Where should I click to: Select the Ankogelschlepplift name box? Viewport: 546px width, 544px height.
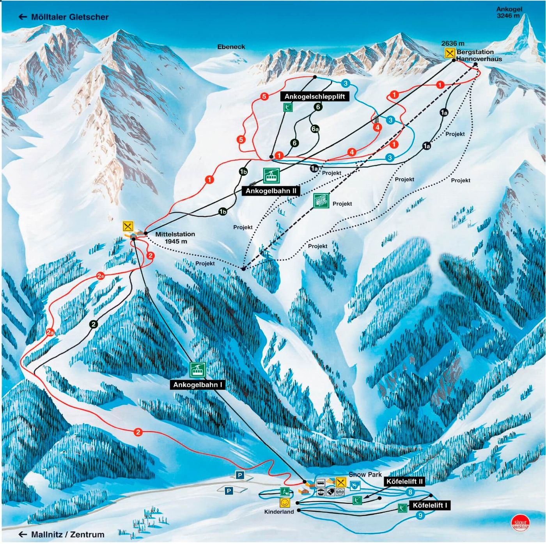click(314, 96)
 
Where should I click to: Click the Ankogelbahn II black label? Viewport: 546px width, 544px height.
click(271, 191)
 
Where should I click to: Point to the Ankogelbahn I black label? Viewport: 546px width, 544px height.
click(198, 385)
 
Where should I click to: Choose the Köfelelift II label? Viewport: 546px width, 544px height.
click(404, 481)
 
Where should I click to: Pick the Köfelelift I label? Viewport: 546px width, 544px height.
click(430, 505)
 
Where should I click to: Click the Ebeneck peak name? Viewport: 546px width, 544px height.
click(231, 47)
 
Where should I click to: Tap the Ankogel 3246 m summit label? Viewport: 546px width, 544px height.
click(509, 12)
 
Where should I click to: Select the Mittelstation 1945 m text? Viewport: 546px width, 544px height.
click(175, 237)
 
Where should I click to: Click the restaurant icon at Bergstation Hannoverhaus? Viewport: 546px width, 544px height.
click(450, 53)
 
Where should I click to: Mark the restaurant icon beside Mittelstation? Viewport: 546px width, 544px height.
click(128, 226)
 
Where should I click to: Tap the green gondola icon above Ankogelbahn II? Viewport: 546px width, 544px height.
click(271, 176)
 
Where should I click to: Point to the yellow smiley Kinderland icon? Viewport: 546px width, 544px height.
click(285, 502)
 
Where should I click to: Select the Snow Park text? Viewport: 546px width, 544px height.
click(365, 474)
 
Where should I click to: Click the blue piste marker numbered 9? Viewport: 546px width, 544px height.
click(420, 515)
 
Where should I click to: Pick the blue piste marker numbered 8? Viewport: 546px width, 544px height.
click(410, 492)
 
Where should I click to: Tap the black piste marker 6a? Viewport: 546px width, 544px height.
click(315, 129)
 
